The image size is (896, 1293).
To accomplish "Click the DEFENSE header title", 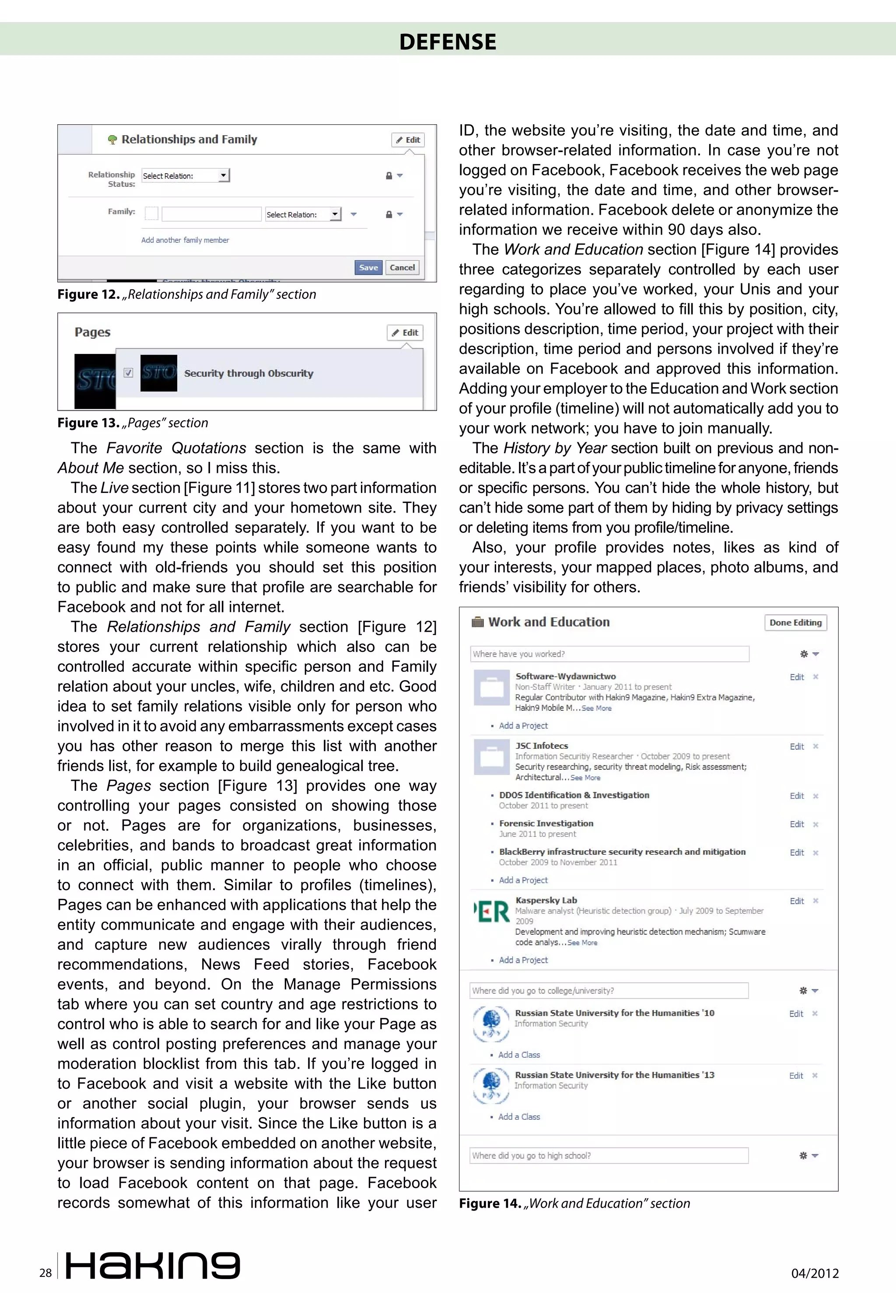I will point(448,42).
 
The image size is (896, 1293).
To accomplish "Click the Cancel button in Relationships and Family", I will point(402,268).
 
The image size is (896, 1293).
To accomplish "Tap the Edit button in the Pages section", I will point(405,333).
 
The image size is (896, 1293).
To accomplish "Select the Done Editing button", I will point(795,623).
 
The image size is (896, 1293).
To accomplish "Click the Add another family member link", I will point(185,240).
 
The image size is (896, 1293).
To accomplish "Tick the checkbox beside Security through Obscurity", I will point(129,373).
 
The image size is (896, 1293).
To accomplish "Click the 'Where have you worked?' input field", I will point(609,654).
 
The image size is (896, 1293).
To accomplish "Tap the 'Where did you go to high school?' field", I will point(609,1156).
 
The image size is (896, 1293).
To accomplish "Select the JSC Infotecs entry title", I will point(541,746).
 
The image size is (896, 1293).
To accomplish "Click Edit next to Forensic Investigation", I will point(796,825).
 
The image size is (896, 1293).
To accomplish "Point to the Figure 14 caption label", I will point(490,1204).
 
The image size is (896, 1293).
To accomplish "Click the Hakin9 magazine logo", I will point(153,1265).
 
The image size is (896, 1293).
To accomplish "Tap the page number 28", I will point(45,1273).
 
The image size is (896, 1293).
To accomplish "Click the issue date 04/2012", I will point(815,1273).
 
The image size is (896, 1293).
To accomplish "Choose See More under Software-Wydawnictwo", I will point(596,709).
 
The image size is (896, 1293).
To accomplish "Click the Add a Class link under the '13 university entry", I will point(519,1117).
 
